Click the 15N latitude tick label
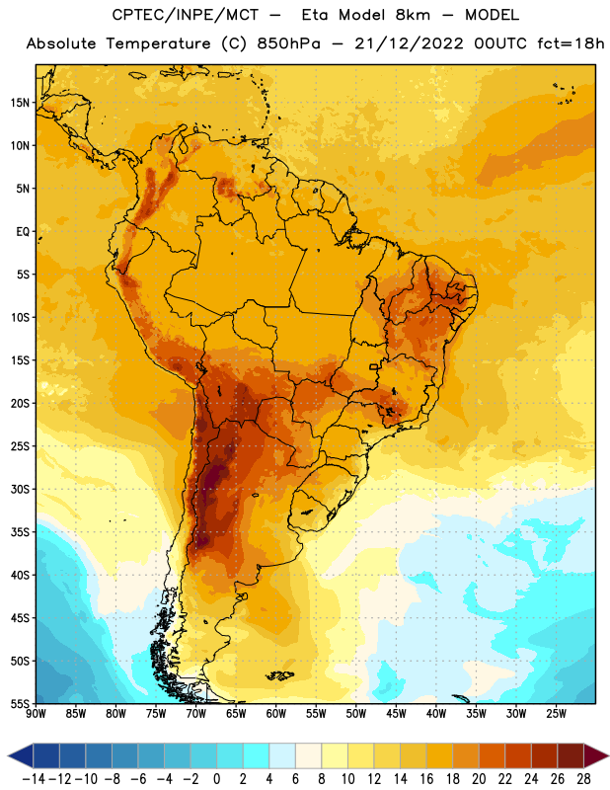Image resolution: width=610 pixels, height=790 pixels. [20, 103]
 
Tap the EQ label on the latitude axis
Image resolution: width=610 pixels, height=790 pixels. [23, 232]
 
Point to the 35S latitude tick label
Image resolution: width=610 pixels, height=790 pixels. [20, 532]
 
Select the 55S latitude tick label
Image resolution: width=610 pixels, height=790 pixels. [20, 704]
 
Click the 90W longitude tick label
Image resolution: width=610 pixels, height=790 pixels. [36, 714]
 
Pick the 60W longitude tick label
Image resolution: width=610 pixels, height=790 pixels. [276, 714]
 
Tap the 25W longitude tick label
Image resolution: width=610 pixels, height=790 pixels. [557, 714]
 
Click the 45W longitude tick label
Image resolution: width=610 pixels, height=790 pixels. [397, 714]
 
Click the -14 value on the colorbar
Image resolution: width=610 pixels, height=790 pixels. [34, 779]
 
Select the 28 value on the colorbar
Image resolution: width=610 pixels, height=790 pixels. [583, 779]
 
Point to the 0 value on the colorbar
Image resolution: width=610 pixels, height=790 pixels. [216, 779]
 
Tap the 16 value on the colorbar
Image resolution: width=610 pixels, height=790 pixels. [426, 779]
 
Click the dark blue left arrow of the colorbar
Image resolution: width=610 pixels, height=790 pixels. [21, 756]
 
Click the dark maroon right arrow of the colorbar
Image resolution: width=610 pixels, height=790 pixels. [596, 756]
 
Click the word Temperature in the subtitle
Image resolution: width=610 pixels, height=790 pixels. [158, 43]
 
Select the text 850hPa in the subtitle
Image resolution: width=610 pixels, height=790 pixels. [288, 43]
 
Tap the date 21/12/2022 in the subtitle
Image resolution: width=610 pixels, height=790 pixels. [409, 43]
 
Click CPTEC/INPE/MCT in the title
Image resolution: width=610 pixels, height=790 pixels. [186, 15]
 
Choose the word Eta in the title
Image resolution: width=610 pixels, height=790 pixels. [315, 15]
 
